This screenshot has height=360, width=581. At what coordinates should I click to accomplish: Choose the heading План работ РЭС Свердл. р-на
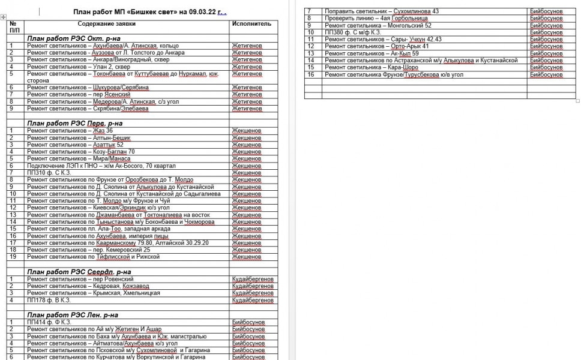tap(79, 272)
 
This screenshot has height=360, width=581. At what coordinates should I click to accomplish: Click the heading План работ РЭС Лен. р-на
tap(72, 315)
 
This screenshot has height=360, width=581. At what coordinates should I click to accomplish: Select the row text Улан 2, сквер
tap(78, 67)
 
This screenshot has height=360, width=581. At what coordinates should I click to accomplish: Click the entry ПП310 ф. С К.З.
tap(48, 173)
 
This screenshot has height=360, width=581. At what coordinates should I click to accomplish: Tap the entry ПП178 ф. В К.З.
tap(49, 300)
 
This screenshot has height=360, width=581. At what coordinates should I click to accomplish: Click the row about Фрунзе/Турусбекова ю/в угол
tap(393, 74)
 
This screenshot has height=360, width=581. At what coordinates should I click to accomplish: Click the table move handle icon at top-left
tap(4, 17)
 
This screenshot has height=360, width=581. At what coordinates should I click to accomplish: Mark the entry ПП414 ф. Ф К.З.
tap(49, 322)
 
